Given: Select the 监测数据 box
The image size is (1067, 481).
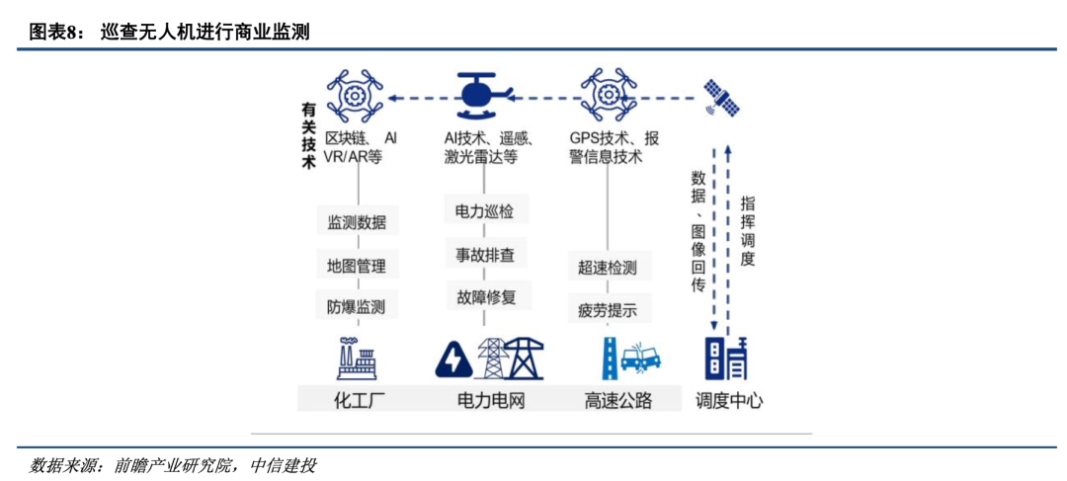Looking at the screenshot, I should [x=357, y=222].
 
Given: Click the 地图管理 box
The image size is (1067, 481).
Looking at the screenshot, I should [x=357, y=265].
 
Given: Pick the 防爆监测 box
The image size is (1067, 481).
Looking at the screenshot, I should [x=357, y=306].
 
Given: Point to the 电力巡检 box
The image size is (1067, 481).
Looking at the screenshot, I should [x=485, y=210].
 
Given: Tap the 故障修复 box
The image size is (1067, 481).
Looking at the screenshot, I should [x=485, y=295].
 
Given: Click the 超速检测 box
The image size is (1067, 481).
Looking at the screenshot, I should [x=608, y=268].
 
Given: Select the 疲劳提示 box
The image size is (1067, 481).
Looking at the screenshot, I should [x=608, y=310].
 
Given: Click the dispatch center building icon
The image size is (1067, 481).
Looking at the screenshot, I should [x=727, y=359].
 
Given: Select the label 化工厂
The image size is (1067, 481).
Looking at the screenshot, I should [x=357, y=400].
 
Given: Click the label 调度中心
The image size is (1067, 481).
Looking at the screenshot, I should [x=729, y=400].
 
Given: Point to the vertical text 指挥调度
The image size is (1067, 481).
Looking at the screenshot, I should [x=748, y=230].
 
